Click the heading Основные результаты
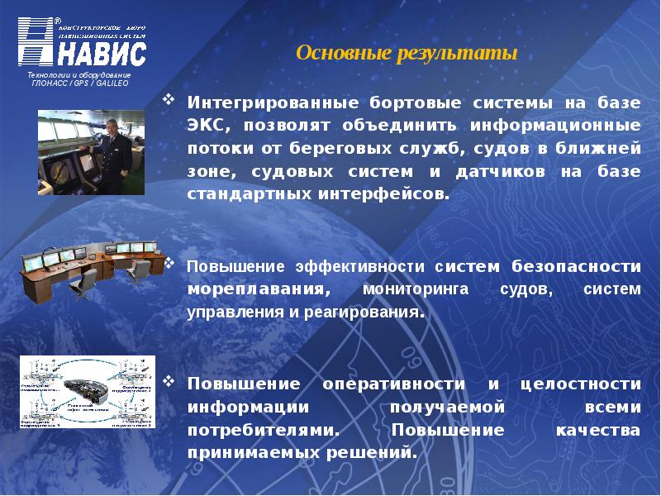(406, 54)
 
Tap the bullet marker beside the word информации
(169, 383)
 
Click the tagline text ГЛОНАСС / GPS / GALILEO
(79, 85)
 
